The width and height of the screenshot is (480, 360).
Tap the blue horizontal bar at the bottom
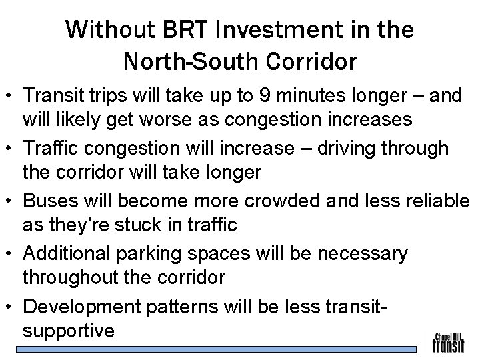[220, 349]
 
